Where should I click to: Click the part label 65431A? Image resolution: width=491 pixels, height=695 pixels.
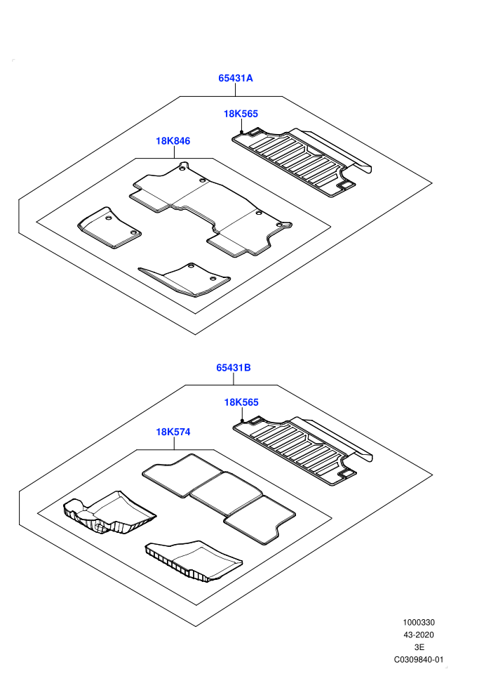[235, 78]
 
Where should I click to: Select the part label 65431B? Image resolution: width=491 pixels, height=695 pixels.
[234, 367]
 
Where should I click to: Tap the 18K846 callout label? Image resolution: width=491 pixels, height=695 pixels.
[173, 141]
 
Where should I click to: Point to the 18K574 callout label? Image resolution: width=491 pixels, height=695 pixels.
[173, 432]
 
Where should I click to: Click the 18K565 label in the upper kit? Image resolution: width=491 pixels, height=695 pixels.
[241, 114]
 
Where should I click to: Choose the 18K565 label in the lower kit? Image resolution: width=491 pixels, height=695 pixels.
[241, 402]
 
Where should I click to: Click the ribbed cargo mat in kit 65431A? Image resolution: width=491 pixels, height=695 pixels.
[302, 162]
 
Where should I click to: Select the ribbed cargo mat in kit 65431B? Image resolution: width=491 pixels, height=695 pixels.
[303, 451]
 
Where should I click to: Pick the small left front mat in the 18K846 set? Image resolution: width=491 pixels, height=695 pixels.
[109, 227]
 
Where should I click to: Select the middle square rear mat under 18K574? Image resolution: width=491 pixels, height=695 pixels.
[226, 494]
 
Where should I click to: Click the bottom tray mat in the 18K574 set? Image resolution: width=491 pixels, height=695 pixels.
[194, 561]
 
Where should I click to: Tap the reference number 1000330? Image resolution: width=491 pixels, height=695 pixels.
[418, 622]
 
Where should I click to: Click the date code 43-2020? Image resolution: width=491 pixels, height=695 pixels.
[418, 635]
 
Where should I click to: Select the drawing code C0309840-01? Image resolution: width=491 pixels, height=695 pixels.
[418, 659]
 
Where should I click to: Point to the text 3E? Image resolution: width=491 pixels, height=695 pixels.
[419, 647]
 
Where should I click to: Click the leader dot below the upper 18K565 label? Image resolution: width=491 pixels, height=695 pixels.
[241, 132]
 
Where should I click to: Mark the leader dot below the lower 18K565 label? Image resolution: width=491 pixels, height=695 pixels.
[242, 421]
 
